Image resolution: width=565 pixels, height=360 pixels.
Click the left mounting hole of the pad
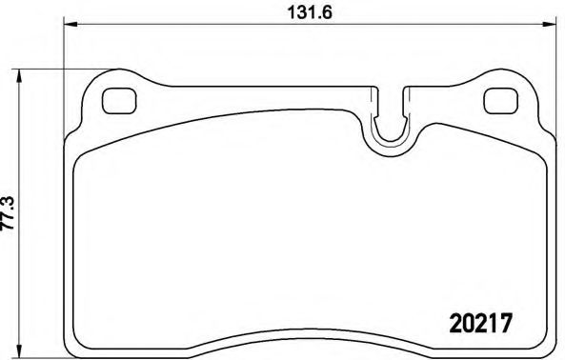pos(117,98)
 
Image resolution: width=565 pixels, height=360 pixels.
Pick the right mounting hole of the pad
pos(498,99)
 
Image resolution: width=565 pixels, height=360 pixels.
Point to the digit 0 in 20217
pos(461,322)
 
